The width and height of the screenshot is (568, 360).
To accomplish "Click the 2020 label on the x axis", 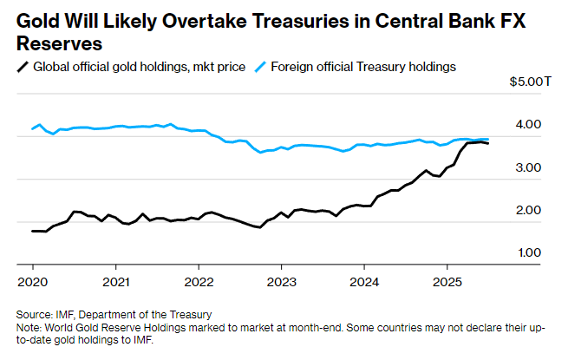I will (32, 282).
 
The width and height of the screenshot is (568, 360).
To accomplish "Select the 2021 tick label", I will (115, 282).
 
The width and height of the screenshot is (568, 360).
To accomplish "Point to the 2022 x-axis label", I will (199, 282).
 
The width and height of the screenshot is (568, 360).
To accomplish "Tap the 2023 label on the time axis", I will (281, 282).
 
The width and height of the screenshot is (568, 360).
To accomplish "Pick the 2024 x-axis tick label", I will (364, 282).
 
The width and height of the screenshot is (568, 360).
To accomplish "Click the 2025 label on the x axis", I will (447, 282).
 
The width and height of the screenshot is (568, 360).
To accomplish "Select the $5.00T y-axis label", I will (531, 82).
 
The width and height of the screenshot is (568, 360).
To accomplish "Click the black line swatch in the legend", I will (22, 66).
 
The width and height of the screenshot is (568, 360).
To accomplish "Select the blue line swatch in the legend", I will (261, 66).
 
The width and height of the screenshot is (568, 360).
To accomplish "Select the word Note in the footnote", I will (29, 326).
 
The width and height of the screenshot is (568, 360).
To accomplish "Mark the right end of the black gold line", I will (488, 143).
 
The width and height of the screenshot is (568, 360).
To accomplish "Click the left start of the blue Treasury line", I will (32, 129).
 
